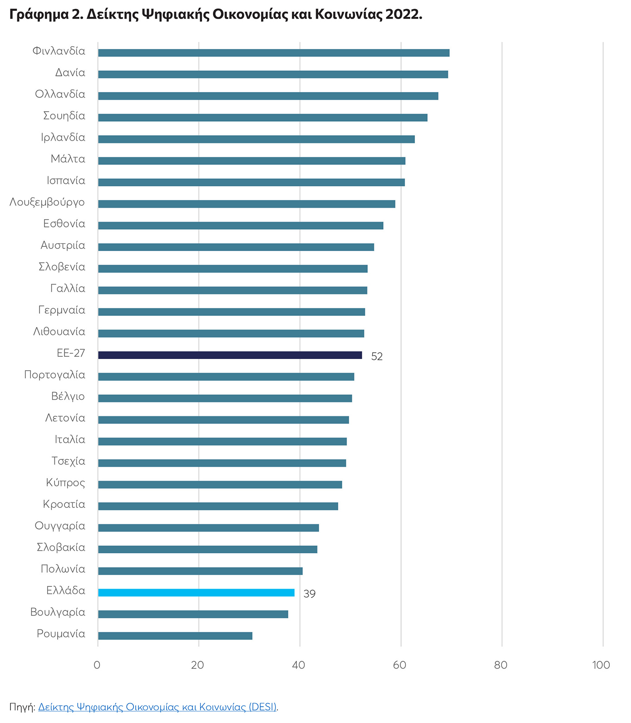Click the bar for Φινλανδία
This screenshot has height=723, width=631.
pos(274,53)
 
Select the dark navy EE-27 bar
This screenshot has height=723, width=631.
pos(230,355)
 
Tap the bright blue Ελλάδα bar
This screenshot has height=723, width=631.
pos(196,592)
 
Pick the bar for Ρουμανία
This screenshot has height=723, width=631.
pos(175,635)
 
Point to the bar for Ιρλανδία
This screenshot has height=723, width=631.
pos(256,139)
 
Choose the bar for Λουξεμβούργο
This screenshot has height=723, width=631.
pos(246,204)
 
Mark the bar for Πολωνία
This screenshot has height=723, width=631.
pos(200,571)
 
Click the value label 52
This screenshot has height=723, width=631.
pos(377,357)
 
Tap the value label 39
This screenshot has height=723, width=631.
pos(309,594)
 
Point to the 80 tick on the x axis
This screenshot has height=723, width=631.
pos(501,665)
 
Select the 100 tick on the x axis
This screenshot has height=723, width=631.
pos(601,665)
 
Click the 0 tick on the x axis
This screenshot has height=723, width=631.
pos(97,665)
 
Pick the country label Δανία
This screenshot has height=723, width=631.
pos(70,73)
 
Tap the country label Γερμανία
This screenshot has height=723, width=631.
pos(62,310)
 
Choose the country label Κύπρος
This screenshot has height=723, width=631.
pos(65,483)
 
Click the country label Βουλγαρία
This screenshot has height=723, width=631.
pos(58,612)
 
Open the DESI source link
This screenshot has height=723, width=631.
pos(157,707)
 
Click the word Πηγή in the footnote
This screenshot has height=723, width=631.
pos(21,707)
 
